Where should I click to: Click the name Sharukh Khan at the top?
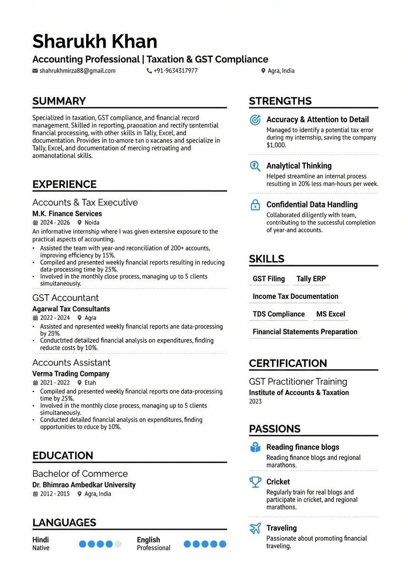click(95, 42)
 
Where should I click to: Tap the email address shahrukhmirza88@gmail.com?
click(78, 71)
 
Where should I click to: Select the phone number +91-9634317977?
click(175, 71)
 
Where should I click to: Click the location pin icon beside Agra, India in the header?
click(263, 71)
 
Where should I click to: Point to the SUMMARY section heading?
click(59, 101)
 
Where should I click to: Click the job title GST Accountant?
click(66, 298)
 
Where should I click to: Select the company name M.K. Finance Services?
click(67, 214)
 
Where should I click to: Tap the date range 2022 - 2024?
click(55, 318)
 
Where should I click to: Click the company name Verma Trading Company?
click(71, 374)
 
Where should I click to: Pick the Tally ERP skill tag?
click(311, 279)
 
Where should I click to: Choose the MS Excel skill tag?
click(330, 314)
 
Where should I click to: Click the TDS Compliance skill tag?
click(279, 314)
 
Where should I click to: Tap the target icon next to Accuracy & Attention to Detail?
click(255, 120)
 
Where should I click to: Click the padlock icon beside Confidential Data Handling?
click(255, 205)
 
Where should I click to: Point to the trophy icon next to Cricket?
click(255, 482)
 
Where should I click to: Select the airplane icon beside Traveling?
click(255, 528)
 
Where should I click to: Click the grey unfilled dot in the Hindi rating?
click(118, 544)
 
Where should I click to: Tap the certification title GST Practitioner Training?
click(298, 382)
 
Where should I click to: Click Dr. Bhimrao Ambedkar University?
click(84, 485)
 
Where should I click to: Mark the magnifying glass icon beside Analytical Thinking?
click(255, 166)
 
